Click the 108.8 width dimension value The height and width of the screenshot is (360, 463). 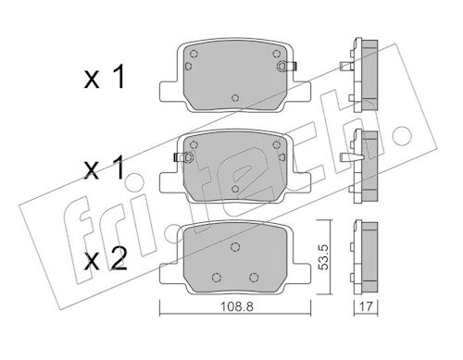pyautogui.click(x=236, y=306)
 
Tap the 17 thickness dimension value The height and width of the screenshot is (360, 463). pyautogui.click(x=366, y=306)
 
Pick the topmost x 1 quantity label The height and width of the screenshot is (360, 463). pyautogui.click(x=105, y=77)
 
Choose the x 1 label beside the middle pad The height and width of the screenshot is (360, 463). pyautogui.click(x=105, y=168)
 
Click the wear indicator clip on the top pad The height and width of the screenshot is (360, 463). pyautogui.click(x=287, y=66)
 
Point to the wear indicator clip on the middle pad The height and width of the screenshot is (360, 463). pyautogui.click(x=184, y=157)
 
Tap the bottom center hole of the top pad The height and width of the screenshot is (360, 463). pyautogui.click(x=235, y=98)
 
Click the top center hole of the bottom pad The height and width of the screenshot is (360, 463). pyautogui.click(x=235, y=247)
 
